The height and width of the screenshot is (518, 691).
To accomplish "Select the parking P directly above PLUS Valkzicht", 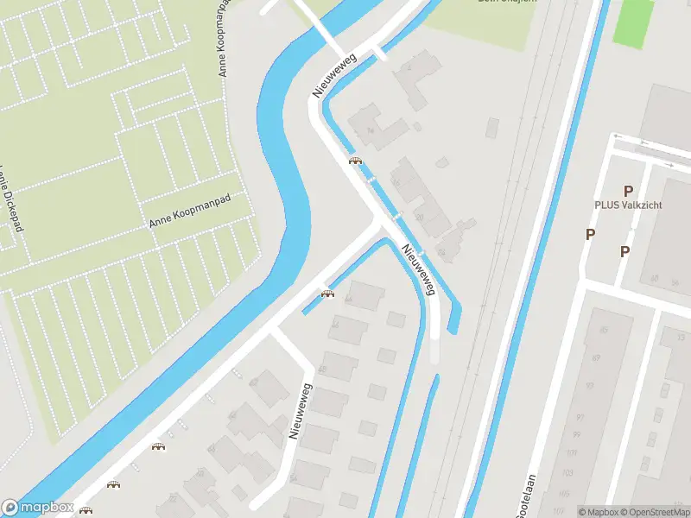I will pos(628,190).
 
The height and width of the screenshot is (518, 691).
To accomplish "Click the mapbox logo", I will pos(37,507).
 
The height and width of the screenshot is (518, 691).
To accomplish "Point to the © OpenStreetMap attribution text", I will pos(648,512).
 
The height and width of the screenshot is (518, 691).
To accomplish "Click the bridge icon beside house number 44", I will pos(327,294).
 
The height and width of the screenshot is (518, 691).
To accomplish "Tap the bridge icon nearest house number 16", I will pos(354,161).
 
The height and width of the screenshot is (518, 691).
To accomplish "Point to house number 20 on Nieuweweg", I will pos(419,218).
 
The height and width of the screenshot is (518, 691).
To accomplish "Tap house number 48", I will pos(322,370).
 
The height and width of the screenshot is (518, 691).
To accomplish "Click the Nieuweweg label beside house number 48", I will pos(300,413).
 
